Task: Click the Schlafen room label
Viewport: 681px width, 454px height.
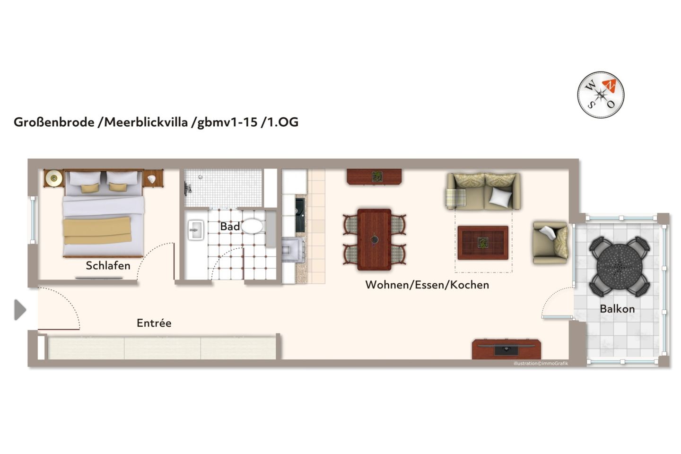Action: pos(108,266)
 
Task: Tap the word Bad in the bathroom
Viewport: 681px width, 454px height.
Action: pos(230,227)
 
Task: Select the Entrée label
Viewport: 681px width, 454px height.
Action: pos(154,323)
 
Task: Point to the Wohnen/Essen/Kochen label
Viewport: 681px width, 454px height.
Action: pos(427,285)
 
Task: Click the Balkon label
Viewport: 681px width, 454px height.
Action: pos(617,309)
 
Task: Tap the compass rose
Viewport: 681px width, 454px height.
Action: pos(601,95)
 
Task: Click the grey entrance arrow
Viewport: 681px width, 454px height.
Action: pos(20,310)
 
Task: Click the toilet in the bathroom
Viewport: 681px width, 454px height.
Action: pos(252,226)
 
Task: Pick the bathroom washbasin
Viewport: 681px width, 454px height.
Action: pos(195,231)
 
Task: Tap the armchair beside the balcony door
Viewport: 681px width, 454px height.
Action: pos(550,242)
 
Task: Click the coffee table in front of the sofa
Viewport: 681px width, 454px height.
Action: pos(482,243)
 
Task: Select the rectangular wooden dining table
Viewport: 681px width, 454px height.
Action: pos(374,239)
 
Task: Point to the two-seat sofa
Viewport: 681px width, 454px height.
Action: pos(483,192)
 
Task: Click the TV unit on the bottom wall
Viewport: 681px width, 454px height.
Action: pos(506,349)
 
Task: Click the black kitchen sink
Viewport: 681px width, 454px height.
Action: pos(300,216)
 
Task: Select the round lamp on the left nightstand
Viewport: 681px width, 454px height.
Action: pos(53,178)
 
